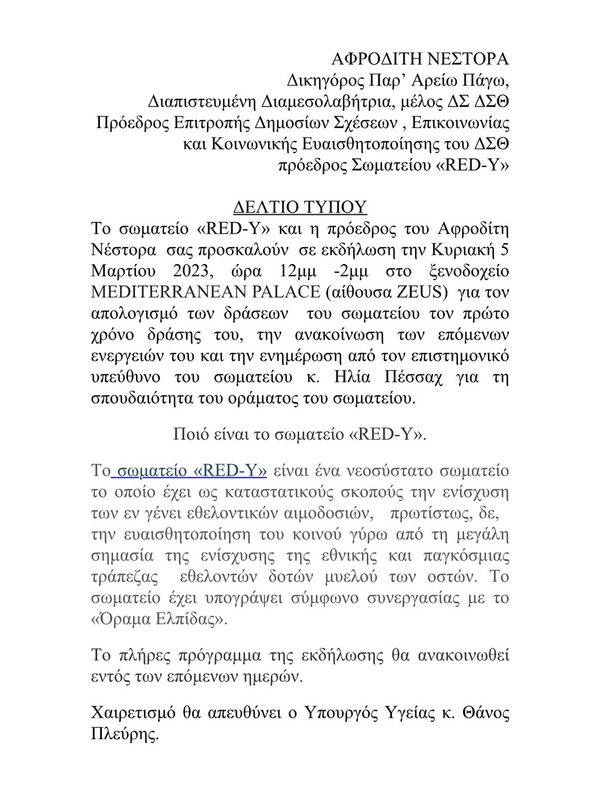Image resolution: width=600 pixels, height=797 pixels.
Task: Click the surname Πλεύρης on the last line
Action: (x=125, y=734)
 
